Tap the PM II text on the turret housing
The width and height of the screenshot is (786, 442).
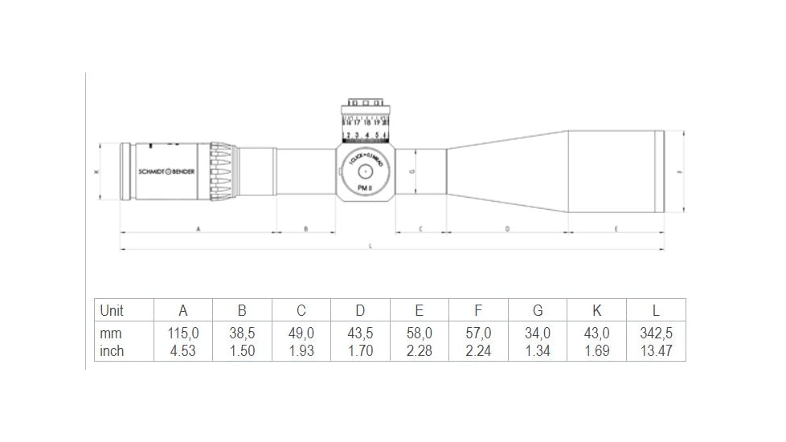point(364,186)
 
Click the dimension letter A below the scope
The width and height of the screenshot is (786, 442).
point(198,229)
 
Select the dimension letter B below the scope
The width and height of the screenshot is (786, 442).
point(305,229)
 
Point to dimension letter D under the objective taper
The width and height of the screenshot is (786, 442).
point(507,229)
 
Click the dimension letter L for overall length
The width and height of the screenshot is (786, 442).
point(370,246)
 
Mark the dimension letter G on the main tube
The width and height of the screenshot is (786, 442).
point(411,171)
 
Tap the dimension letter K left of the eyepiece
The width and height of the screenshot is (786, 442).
point(96,171)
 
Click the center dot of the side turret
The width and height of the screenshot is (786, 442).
point(364,170)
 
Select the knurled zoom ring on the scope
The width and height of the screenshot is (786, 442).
point(223,171)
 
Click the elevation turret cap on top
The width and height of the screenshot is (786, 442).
point(364,104)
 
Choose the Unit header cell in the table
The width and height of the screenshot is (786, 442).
point(112,311)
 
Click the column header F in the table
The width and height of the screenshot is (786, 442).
point(478,311)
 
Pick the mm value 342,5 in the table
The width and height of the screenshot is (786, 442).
point(656,333)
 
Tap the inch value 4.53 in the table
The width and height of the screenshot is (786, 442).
point(182,351)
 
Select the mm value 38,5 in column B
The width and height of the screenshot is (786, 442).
point(242,333)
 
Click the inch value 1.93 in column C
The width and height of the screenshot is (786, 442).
point(301,351)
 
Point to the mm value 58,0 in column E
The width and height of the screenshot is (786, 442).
point(419,333)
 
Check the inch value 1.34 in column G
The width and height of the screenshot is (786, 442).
point(537,351)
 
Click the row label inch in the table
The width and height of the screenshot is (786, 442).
point(112,351)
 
